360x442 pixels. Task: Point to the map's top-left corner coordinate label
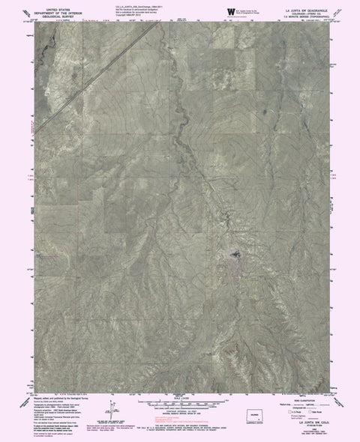tap(30, 22)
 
